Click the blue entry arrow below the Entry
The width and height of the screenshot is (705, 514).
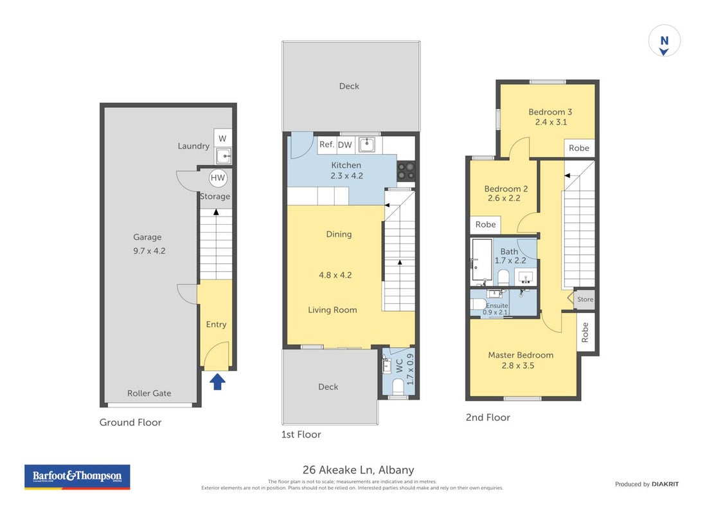[218, 382]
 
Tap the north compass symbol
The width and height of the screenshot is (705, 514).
[664, 41]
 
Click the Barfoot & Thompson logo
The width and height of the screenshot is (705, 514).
[77, 477]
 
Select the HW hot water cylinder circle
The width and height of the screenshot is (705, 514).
[218, 177]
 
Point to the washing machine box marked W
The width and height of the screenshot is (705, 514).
[222, 139]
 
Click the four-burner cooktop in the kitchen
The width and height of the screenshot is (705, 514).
[406, 172]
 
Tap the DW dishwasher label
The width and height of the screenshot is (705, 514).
[345, 145]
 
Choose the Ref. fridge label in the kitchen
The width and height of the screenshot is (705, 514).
[327, 145]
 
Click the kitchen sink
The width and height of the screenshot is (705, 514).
[367, 145]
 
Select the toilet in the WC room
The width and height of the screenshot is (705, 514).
[398, 386]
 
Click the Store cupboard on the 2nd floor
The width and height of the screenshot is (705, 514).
[585, 299]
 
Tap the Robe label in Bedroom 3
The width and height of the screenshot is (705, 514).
[579, 148]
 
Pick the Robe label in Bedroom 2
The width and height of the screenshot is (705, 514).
[486, 224]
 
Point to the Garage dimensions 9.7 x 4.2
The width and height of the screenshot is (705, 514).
[149, 251]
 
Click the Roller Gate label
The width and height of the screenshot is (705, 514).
[149, 393]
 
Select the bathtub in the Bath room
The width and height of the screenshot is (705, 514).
[481, 260]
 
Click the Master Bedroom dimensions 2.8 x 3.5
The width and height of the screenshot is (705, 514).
[518, 366]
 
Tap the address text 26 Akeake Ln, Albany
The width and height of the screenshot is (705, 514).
[359, 470]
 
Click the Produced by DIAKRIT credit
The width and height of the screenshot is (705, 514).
[647, 484]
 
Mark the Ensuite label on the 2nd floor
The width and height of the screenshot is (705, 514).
[497, 305]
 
